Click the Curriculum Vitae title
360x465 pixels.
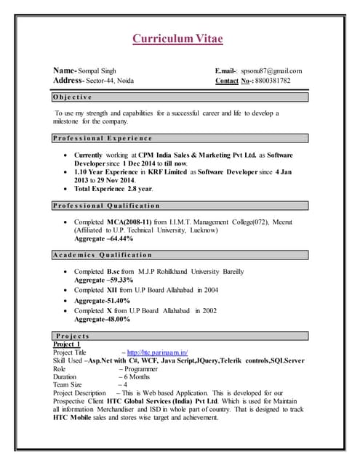177,39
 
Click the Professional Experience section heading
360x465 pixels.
103,137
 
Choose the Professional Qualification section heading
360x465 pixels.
107,206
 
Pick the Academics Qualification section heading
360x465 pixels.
103,255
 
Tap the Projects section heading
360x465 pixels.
73,336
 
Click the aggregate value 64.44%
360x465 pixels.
119,238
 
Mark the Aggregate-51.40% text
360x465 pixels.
103,299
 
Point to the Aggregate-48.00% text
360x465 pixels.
103,319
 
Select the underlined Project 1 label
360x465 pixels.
68,344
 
